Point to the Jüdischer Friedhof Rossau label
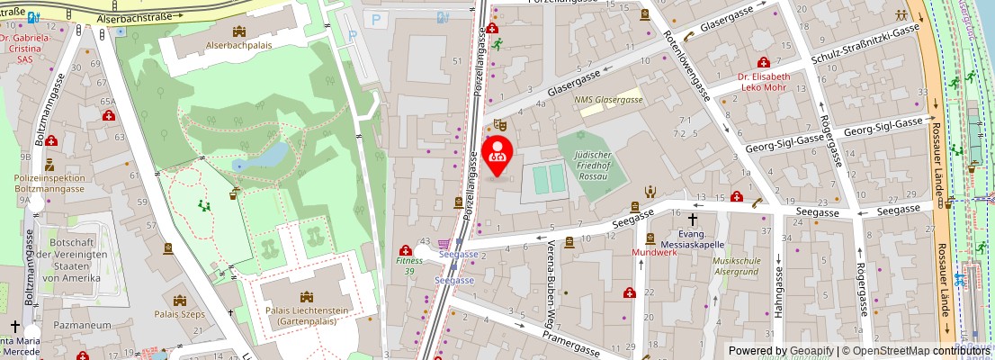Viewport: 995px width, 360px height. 591,166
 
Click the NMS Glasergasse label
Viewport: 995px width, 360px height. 609,100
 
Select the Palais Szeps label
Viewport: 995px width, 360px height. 180,314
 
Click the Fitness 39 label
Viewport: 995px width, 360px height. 404,265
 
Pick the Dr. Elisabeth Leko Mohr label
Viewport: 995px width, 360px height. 764,82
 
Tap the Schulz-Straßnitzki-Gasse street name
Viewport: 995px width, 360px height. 864,44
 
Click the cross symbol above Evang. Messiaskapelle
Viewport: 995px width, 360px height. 693,219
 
